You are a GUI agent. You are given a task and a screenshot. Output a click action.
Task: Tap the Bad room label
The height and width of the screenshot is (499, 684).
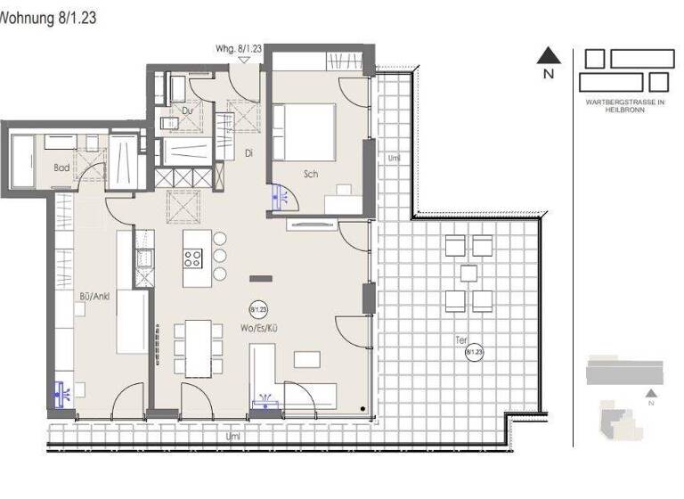pyautogui.click(x=61, y=168)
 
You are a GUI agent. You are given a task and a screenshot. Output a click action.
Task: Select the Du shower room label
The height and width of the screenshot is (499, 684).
pyautogui.click(x=188, y=110)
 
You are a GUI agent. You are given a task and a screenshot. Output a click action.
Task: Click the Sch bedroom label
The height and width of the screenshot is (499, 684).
pyautogui.click(x=311, y=175)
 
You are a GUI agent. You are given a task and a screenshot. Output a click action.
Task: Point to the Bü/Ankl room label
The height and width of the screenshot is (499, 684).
pyautogui.click(x=94, y=296)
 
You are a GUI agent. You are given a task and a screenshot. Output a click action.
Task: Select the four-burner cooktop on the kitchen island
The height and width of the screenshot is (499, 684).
pyautogui.click(x=193, y=258)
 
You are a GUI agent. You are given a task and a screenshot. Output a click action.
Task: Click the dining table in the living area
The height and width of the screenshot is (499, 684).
pyautogui.click(x=198, y=347)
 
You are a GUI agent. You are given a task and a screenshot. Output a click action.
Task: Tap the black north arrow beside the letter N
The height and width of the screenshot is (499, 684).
pyautogui.click(x=549, y=56)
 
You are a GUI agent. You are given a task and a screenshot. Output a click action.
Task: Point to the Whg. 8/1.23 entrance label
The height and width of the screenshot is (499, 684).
pyautogui.click(x=239, y=50)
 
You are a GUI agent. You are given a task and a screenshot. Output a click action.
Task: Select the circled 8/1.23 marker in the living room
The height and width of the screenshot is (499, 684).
pyautogui.click(x=259, y=309)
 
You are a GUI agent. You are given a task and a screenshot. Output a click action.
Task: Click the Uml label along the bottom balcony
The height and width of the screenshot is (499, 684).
pyautogui.click(x=233, y=437)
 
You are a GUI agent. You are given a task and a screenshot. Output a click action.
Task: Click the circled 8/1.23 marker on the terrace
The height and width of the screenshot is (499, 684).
pyautogui.click(x=474, y=351)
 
